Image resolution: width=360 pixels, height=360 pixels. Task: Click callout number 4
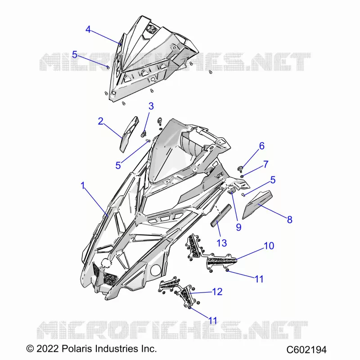88,30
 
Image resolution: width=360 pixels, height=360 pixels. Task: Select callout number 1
83,185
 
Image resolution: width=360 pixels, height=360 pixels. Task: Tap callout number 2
100,121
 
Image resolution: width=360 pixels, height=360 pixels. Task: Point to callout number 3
151,106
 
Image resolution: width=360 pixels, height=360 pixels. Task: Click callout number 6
262,146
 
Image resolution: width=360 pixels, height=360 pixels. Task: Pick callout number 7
265,164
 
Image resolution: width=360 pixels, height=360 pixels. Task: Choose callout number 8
290,220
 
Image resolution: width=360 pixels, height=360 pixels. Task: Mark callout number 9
239,227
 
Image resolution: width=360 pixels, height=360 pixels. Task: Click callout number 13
222,243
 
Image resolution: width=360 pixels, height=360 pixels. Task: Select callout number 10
269,246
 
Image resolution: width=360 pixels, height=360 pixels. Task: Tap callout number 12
217,292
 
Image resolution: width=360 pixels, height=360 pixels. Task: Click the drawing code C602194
306,350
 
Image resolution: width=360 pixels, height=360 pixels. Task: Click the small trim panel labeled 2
129,134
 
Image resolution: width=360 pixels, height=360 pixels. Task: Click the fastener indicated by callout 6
240,169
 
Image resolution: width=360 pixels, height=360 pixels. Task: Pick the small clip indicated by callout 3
144,133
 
